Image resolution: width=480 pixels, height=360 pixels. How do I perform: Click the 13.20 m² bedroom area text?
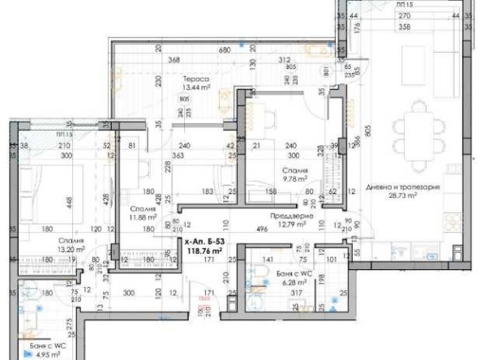(73, 250)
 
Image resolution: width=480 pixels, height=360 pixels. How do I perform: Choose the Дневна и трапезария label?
(402, 186)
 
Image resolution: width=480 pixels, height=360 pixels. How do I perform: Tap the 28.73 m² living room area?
(402, 195)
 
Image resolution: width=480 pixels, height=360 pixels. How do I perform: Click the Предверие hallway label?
(288, 216)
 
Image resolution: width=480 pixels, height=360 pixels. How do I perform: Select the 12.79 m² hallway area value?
(288, 225)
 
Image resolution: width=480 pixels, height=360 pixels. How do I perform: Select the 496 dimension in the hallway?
(263, 229)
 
